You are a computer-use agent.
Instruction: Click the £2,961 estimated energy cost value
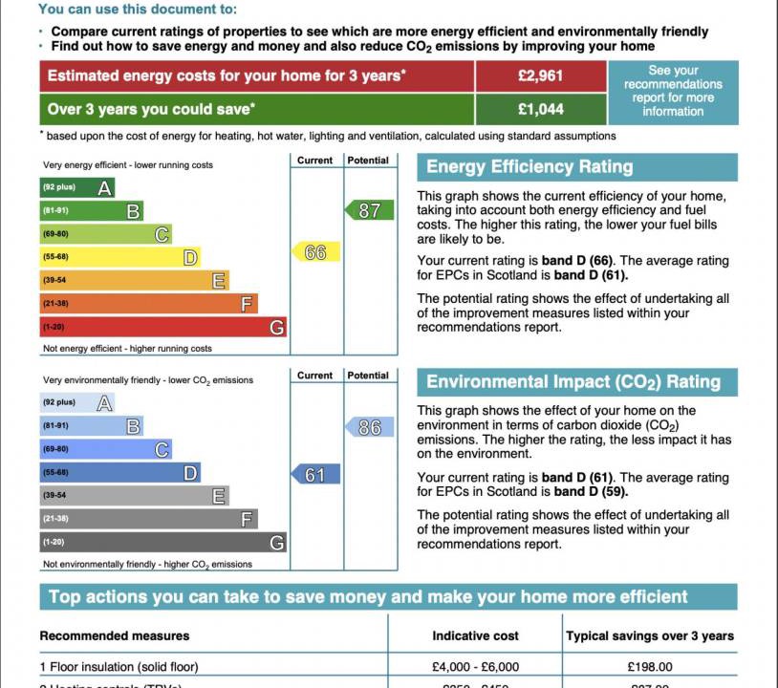[540, 76]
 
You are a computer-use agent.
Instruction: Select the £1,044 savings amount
[540, 109]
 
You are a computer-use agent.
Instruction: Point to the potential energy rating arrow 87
[369, 210]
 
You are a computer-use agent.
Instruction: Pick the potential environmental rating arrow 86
[369, 428]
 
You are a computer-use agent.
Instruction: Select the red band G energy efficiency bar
[163, 328]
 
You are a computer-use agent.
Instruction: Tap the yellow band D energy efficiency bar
[120, 257]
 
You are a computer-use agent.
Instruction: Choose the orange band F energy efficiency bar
[149, 304]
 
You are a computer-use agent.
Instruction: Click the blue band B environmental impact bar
[92, 426]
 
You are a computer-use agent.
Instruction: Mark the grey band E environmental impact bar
[135, 496]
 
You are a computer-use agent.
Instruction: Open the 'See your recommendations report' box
[673, 91]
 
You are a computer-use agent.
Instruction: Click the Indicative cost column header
[476, 635]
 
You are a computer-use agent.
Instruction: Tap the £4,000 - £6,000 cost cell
[476, 667]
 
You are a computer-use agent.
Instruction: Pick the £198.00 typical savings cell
[650, 667]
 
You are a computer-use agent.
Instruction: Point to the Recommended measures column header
[115, 635]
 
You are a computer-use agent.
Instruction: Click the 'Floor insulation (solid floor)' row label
[119, 667]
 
